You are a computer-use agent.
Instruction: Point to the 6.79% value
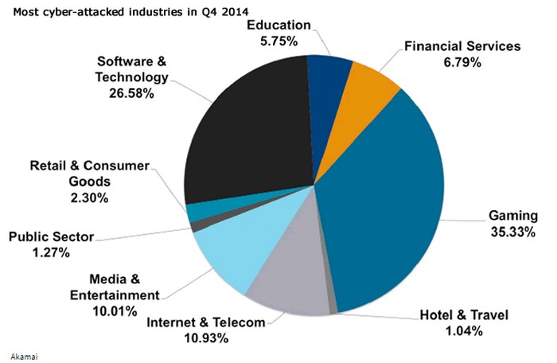(x=462, y=62)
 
